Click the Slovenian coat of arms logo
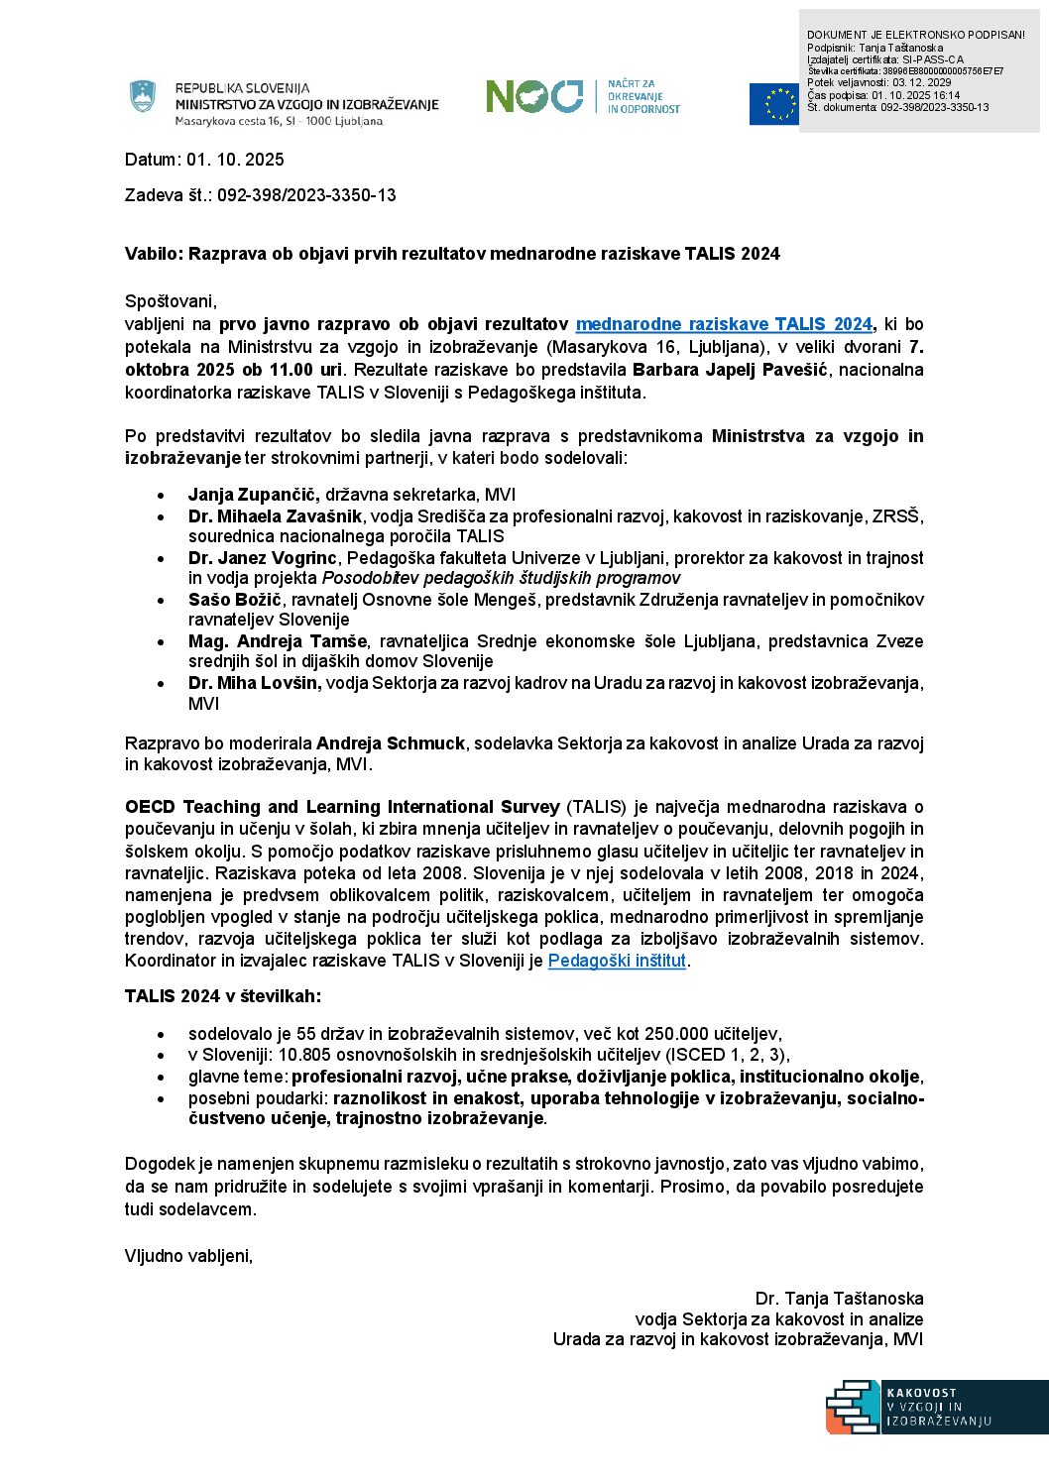point(144,96)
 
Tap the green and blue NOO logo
point(534,96)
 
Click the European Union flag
point(773,104)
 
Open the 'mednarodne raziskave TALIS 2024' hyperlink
point(724,324)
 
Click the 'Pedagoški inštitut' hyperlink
point(617,960)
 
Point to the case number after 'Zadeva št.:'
point(306,195)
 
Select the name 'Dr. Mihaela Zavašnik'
point(276,516)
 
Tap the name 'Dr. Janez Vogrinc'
point(263,558)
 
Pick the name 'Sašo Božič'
point(235,600)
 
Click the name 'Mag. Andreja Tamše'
point(278,641)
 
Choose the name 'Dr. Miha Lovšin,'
point(255,683)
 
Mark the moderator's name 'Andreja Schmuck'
point(391,743)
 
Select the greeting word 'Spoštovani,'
point(171,301)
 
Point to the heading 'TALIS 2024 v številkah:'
point(223,996)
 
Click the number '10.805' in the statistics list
point(301,1055)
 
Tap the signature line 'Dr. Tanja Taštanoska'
point(839,1299)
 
